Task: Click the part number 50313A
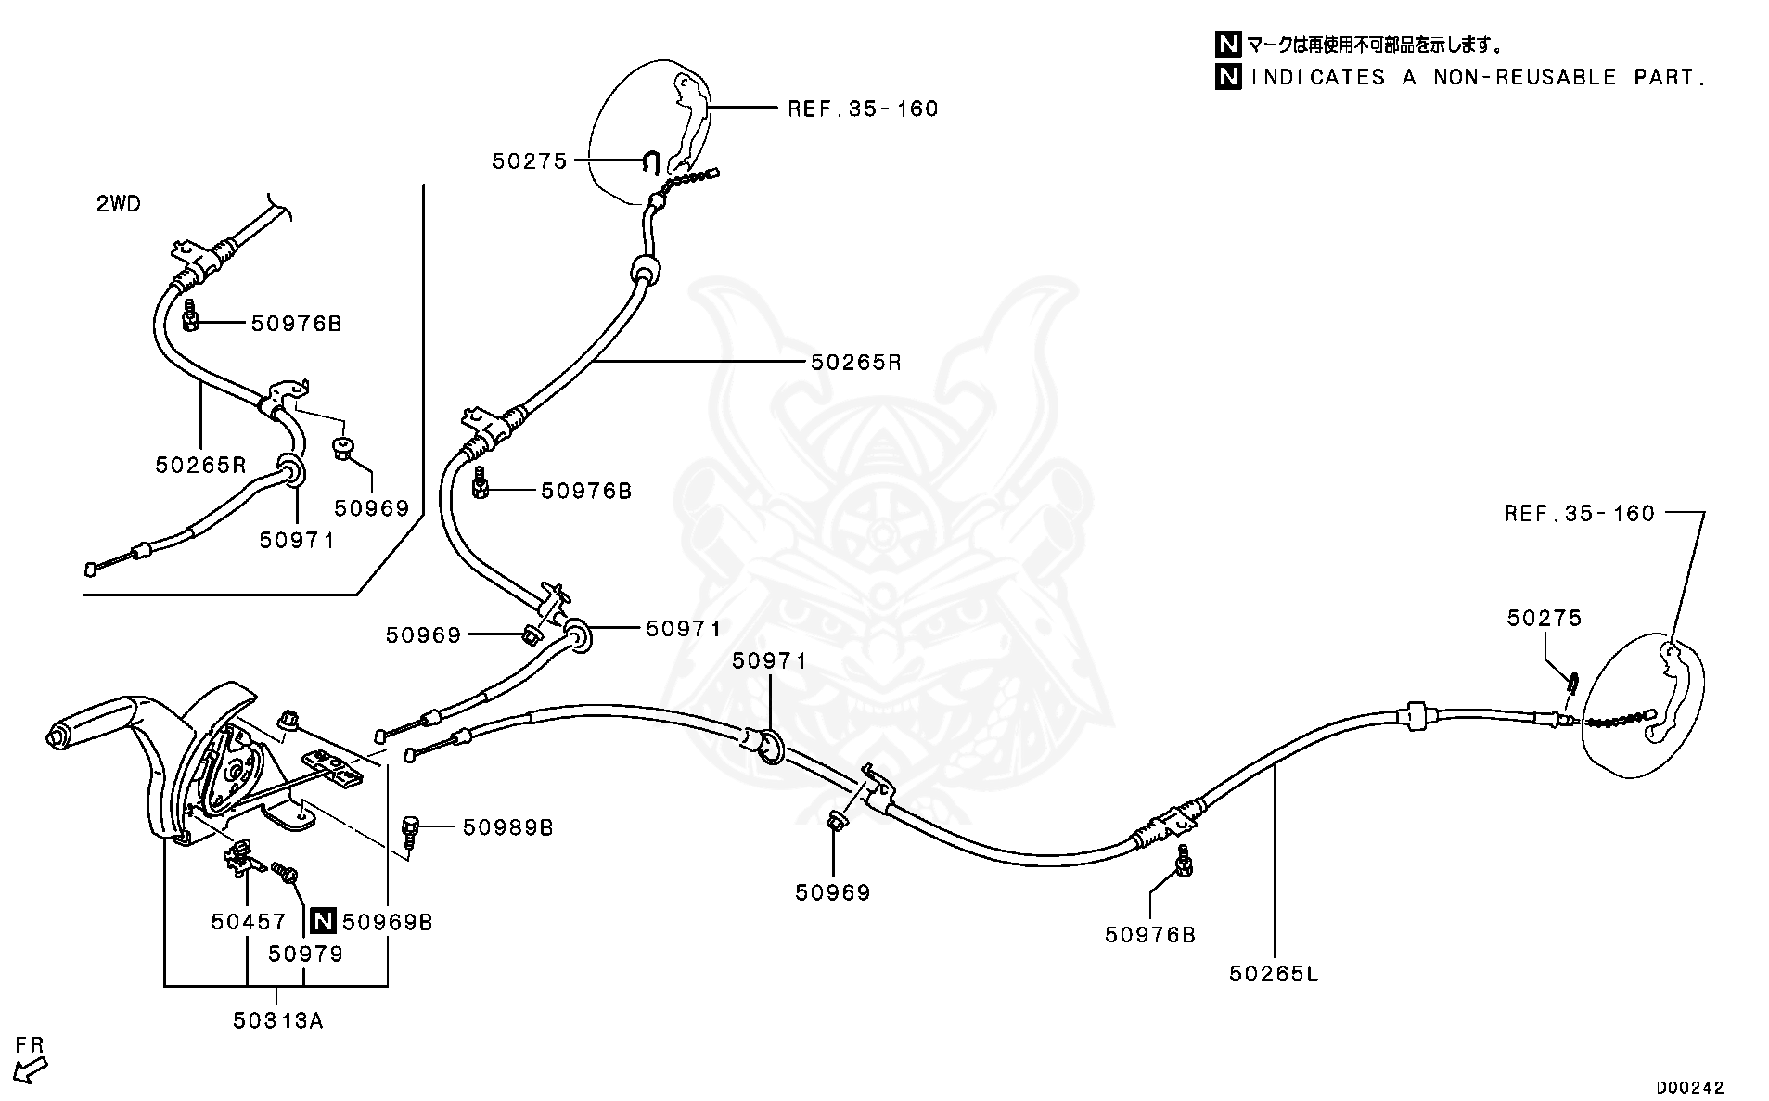pyautogui.click(x=277, y=1020)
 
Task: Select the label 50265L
pyautogui.click(x=1273, y=973)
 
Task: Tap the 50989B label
pyautogui.click(x=507, y=827)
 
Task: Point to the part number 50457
pyautogui.click(x=248, y=922)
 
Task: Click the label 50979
pyautogui.click(x=305, y=954)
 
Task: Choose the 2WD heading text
pyautogui.click(x=119, y=204)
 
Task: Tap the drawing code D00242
pyautogui.click(x=1690, y=1087)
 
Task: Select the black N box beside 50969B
pyautogui.click(x=323, y=922)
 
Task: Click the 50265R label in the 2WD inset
pyautogui.click(x=200, y=465)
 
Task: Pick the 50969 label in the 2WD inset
pyautogui.click(x=371, y=508)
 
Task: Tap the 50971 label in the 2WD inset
pyautogui.click(x=296, y=540)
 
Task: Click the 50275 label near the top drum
pyautogui.click(x=529, y=161)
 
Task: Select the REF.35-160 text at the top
pyautogui.click(x=863, y=109)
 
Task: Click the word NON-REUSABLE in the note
pyautogui.click(x=1524, y=78)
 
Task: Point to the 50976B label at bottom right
pyautogui.click(x=1149, y=935)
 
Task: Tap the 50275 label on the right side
pyautogui.click(x=1544, y=618)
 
